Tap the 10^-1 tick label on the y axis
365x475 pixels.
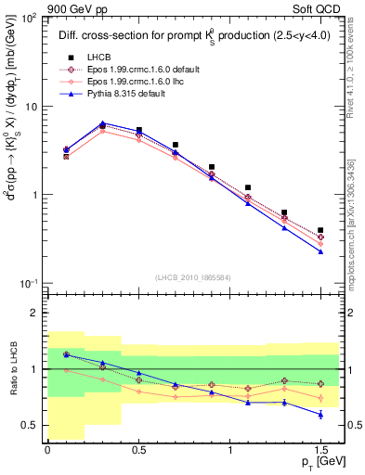point(28,283)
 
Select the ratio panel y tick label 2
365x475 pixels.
point(34,314)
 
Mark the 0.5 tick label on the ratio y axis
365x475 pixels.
point(30,425)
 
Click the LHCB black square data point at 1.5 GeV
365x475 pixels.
point(320,230)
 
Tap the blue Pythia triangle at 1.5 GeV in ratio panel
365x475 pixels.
point(320,414)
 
